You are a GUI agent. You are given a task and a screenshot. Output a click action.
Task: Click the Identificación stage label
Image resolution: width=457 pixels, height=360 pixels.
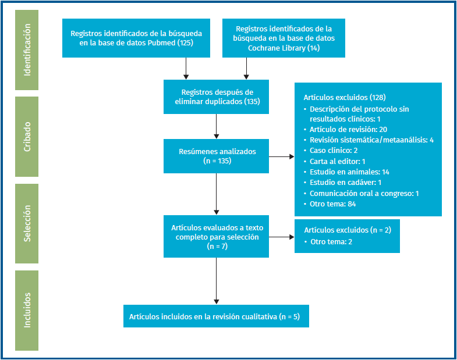(x=26, y=50)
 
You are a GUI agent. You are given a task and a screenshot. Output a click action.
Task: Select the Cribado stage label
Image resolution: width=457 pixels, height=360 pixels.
(x=26, y=137)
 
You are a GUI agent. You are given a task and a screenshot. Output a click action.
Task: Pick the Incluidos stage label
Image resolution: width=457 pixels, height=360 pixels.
(x=26, y=310)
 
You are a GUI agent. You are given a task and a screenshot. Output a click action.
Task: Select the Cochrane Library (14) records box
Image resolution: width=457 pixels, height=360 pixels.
(x=284, y=38)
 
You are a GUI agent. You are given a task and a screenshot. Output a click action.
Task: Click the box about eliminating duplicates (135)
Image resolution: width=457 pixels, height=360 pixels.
(x=216, y=97)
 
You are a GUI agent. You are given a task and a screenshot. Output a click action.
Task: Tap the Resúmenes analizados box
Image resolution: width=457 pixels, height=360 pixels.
(x=216, y=156)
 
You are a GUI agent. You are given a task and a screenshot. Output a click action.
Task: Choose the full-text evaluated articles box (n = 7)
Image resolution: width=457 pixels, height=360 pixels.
(x=216, y=237)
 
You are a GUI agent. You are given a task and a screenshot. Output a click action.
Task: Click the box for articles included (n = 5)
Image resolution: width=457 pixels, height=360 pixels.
(x=215, y=316)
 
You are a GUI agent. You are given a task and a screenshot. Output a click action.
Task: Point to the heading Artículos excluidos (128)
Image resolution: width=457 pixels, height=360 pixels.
(x=345, y=97)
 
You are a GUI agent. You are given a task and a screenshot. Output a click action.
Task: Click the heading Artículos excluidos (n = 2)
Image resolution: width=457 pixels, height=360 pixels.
(x=348, y=230)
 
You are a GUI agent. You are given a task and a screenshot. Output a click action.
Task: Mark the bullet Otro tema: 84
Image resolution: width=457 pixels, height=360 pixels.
(x=334, y=204)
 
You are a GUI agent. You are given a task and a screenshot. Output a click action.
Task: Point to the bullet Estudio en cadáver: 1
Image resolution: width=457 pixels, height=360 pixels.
(x=346, y=183)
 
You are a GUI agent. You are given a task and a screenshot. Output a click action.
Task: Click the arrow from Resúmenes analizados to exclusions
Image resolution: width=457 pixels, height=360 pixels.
(x=282, y=156)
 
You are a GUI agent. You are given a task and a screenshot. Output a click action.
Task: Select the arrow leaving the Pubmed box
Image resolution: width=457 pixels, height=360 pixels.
(x=186, y=68)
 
